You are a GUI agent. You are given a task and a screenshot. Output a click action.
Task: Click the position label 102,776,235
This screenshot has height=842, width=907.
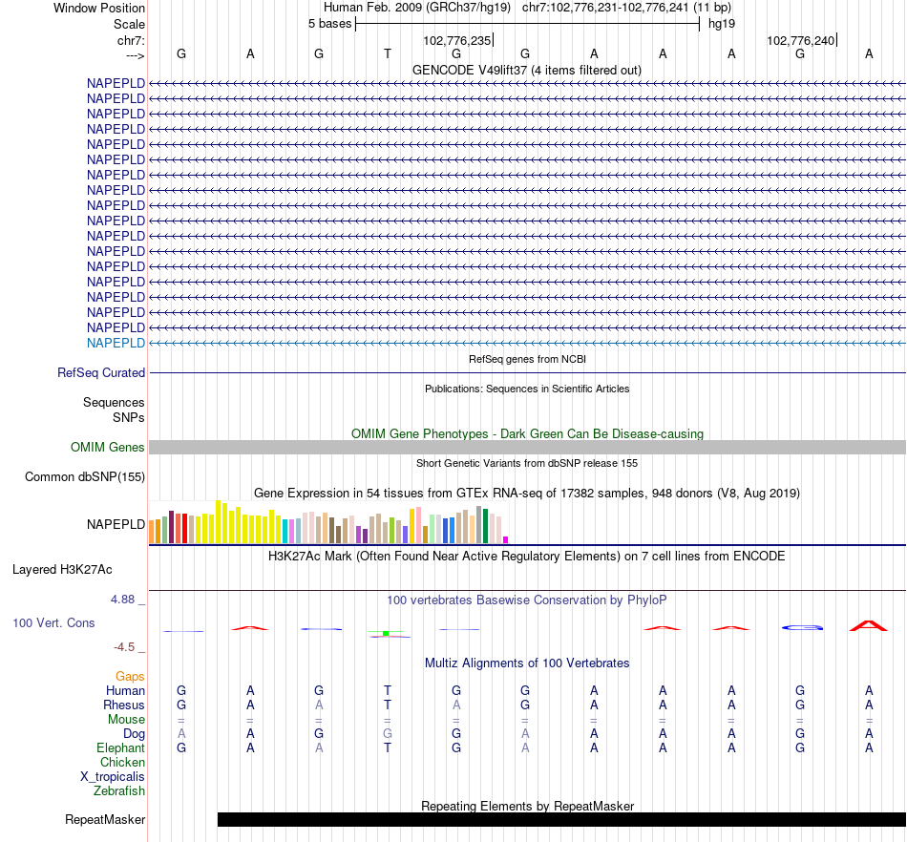[x=456, y=41]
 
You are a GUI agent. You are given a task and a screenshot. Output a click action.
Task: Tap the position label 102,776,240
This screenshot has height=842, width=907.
[x=800, y=41]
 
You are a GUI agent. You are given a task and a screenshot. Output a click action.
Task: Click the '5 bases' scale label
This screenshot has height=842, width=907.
[x=329, y=23]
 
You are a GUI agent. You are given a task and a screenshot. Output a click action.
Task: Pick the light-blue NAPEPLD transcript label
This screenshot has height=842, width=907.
[x=116, y=343]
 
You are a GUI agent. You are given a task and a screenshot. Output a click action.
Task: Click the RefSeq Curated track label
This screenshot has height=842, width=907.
[x=101, y=373]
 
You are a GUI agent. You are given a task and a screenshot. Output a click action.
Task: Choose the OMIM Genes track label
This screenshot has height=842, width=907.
[x=108, y=448]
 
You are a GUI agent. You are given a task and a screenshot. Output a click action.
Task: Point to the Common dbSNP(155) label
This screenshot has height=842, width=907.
[x=85, y=477]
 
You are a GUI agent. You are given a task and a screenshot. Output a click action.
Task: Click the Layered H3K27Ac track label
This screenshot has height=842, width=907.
[x=62, y=570]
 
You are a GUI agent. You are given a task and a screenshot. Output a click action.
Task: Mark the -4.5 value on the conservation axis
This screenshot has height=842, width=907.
[x=128, y=647]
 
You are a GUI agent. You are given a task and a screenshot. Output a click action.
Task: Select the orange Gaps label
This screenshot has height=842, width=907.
[x=130, y=677]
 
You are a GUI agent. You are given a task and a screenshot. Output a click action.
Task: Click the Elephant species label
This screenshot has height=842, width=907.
[x=120, y=748]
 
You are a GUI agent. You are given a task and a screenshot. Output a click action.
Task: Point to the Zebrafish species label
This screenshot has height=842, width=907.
[x=119, y=791]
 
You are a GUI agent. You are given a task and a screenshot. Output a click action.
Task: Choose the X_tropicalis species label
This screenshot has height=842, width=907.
[x=113, y=777]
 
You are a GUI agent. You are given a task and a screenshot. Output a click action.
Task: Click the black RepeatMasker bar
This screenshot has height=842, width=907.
[x=561, y=819]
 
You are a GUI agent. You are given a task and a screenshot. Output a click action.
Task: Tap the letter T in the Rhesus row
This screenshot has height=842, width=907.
[x=388, y=705]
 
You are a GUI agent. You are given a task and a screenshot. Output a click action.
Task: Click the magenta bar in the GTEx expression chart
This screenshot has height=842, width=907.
[x=506, y=539]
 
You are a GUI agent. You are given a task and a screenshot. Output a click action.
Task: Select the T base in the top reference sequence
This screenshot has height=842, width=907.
[x=388, y=53]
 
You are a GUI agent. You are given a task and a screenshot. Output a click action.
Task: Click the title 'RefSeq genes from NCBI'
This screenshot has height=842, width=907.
[x=527, y=359]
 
